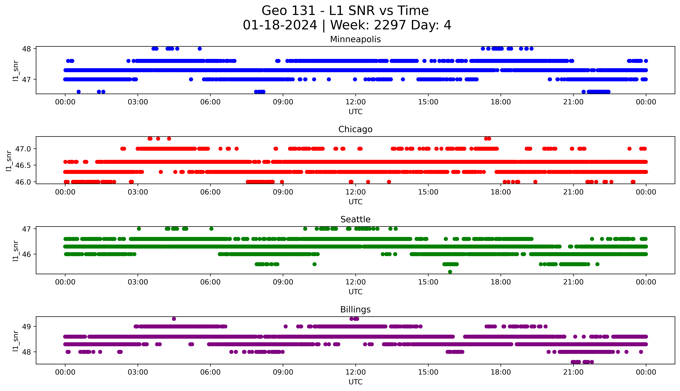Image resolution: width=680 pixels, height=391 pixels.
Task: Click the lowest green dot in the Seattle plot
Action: coord(450,272)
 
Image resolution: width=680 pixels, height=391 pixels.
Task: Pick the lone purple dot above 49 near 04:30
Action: coord(174,319)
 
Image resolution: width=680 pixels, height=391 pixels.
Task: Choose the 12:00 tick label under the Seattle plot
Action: coord(355,282)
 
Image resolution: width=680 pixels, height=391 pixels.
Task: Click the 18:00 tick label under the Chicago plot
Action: coord(501,192)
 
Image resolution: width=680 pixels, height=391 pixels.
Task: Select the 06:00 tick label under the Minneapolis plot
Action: coord(210,102)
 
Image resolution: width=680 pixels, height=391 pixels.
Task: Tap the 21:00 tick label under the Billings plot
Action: coord(573,372)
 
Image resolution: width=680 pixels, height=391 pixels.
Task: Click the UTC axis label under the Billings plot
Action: coord(355,382)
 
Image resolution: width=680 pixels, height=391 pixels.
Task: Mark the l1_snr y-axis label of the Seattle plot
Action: coord(16,251)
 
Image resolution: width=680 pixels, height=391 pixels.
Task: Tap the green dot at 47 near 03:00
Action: coord(139,229)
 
